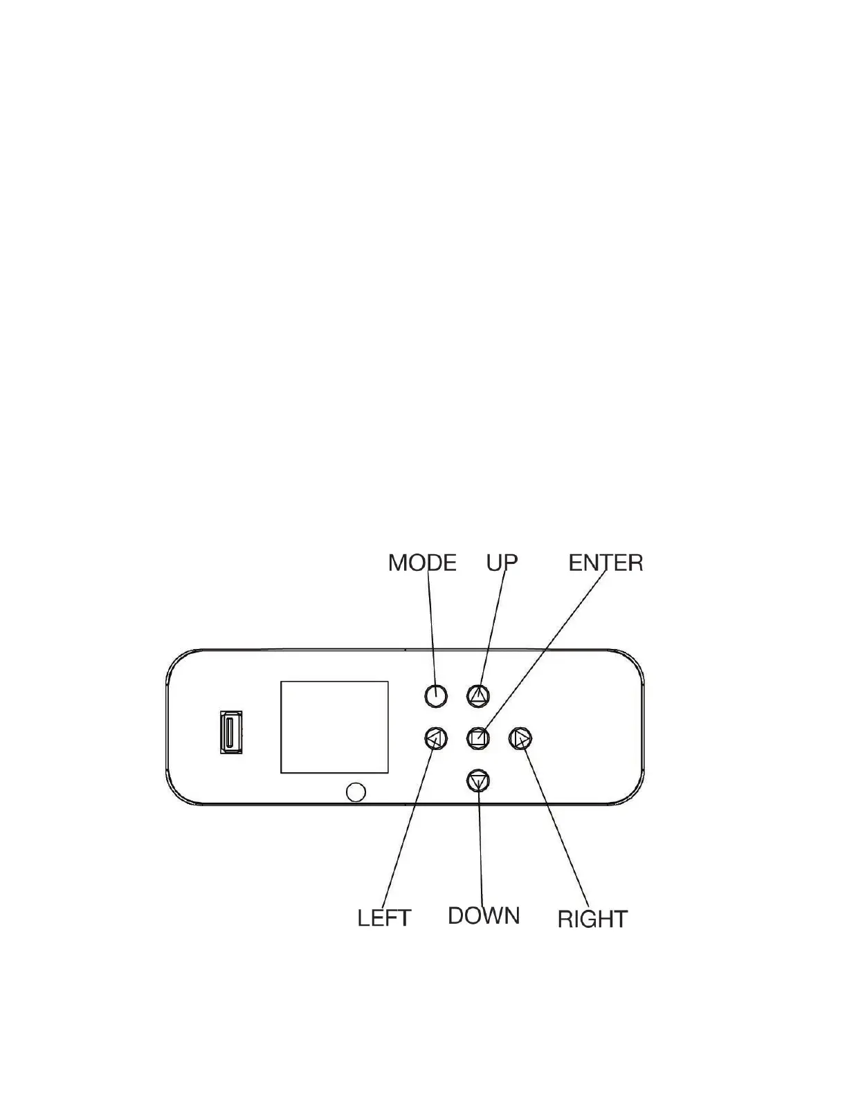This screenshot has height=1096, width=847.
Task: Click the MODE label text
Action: [x=422, y=563]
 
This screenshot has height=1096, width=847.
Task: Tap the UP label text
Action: [x=502, y=563]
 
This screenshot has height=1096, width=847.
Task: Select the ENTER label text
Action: [x=605, y=563]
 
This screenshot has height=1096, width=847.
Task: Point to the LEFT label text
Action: [x=384, y=918]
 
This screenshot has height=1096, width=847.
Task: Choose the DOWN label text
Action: [x=483, y=915]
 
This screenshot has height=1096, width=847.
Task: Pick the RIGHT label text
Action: [x=592, y=919]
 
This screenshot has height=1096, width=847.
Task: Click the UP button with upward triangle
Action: [x=478, y=696]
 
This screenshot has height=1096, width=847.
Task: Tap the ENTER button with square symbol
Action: [x=478, y=738]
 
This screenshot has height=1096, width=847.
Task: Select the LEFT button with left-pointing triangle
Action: [x=435, y=738]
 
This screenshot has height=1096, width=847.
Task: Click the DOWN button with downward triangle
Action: [x=478, y=781]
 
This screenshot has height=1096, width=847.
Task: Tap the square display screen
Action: [x=334, y=727]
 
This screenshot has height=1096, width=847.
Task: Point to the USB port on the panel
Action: [x=231, y=733]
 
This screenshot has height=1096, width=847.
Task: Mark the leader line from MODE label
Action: [x=432, y=630]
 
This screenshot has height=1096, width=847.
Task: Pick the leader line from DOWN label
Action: [x=480, y=844]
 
